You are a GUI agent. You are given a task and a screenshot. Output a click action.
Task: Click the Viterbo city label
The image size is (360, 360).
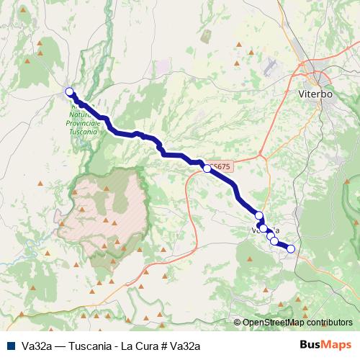pos(315,94)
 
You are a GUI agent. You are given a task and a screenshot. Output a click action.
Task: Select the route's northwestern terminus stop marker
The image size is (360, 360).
pos(70,91)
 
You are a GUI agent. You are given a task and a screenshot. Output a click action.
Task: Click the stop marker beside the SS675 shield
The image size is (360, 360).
pos(207,168)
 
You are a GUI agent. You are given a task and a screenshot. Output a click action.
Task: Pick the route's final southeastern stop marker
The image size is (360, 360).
pos(291,249)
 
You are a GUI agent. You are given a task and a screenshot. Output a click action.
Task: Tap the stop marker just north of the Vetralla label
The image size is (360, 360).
pos(259,215)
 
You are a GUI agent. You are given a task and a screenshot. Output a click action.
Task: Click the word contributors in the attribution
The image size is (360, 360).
pos(328,323)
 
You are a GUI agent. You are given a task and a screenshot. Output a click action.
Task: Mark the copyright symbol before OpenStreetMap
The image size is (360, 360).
pos(238,323)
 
